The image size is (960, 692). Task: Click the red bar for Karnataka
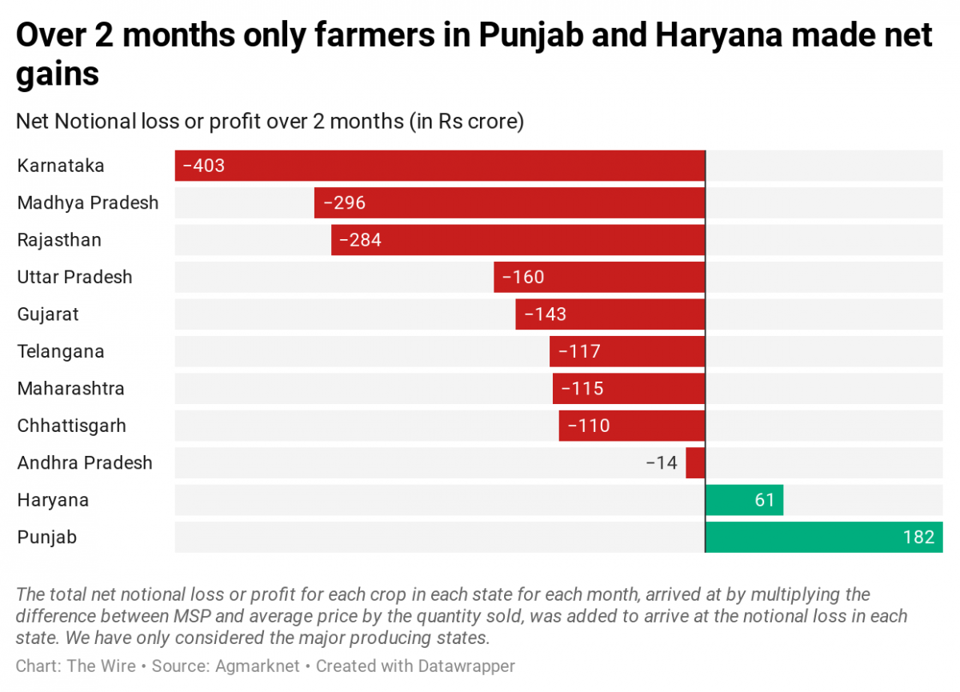tap(440, 166)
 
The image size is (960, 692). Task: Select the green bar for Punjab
tap(824, 537)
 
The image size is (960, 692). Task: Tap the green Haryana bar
tap(744, 500)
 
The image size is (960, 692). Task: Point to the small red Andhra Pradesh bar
tap(695, 462)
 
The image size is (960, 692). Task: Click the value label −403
tap(204, 166)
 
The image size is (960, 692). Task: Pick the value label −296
tap(344, 203)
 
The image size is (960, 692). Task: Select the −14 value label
tap(662, 462)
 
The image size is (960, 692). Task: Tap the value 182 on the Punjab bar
tap(918, 537)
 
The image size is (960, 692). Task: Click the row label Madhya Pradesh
tap(88, 203)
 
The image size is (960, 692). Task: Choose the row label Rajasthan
tap(59, 240)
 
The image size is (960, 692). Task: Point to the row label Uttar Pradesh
tap(74, 277)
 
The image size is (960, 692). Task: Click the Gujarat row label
tap(48, 314)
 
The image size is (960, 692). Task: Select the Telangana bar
tap(627, 351)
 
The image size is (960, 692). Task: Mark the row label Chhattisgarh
tap(71, 426)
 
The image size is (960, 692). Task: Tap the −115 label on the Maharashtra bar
tap(582, 389)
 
